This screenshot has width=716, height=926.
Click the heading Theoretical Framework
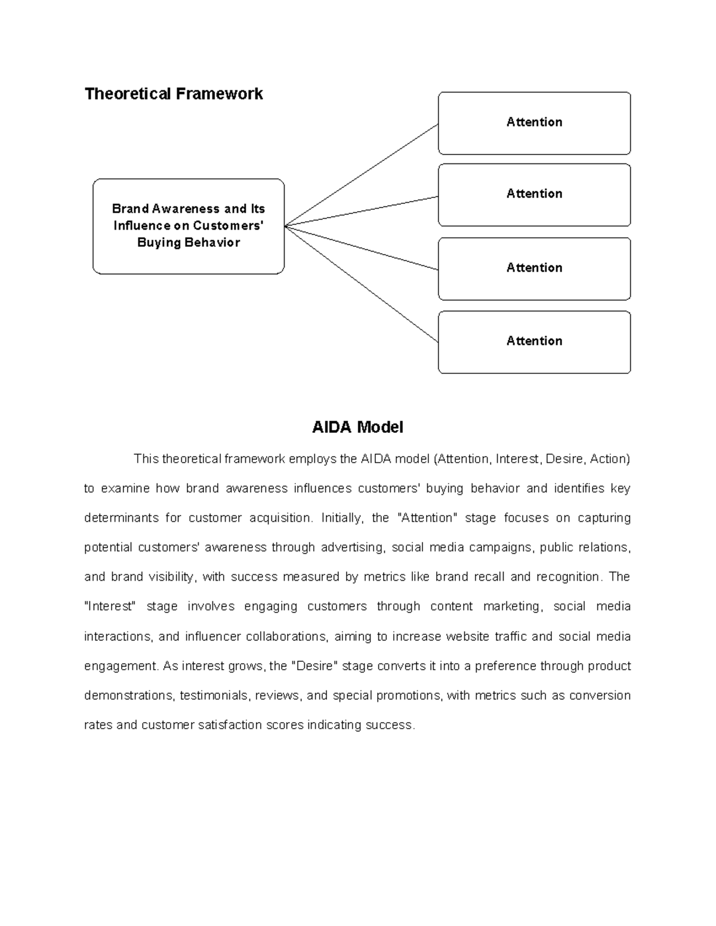point(174,94)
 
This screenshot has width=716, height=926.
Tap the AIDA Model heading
point(357,427)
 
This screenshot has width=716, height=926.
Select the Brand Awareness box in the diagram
point(189,226)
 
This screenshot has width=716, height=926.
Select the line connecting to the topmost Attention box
point(362,175)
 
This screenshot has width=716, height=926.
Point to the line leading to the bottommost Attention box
point(362,284)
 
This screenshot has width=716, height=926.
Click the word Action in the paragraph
point(609,459)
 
